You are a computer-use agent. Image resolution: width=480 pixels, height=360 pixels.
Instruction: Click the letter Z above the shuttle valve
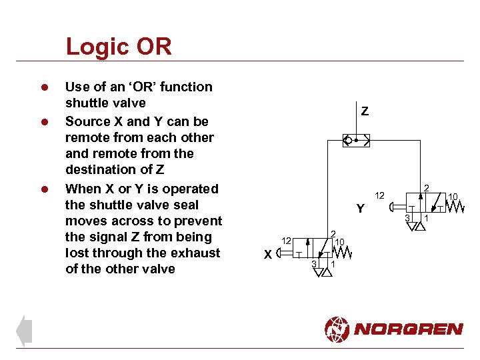pyautogui.click(x=365, y=111)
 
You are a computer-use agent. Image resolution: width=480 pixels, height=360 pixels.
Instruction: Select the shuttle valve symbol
pyautogui.click(x=356, y=141)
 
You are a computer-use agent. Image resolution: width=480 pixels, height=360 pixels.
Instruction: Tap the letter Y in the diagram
pyautogui.click(x=360, y=209)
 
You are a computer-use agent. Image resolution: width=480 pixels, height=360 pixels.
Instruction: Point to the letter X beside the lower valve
pyautogui.click(x=267, y=255)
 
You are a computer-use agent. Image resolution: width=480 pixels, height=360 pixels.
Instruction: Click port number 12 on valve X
pyautogui.click(x=285, y=240)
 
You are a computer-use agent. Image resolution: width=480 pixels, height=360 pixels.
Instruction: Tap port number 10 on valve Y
pyautogui.click(x=453, y=196)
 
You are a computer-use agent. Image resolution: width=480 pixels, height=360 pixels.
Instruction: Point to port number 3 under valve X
pyautogui.click(x=313, y=264)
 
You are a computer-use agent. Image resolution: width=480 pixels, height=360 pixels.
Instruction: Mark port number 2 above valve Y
pyautogui.click(x=427, y=187)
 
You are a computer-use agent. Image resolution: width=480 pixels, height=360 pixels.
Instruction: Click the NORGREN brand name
pyautogui.click(x=409, y=329)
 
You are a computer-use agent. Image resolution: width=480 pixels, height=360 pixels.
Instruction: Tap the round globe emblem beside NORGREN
pyautogui.click(x=337, y=329)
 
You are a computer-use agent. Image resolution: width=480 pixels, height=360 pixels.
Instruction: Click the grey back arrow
pyautogui.click(x=23, y=331)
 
